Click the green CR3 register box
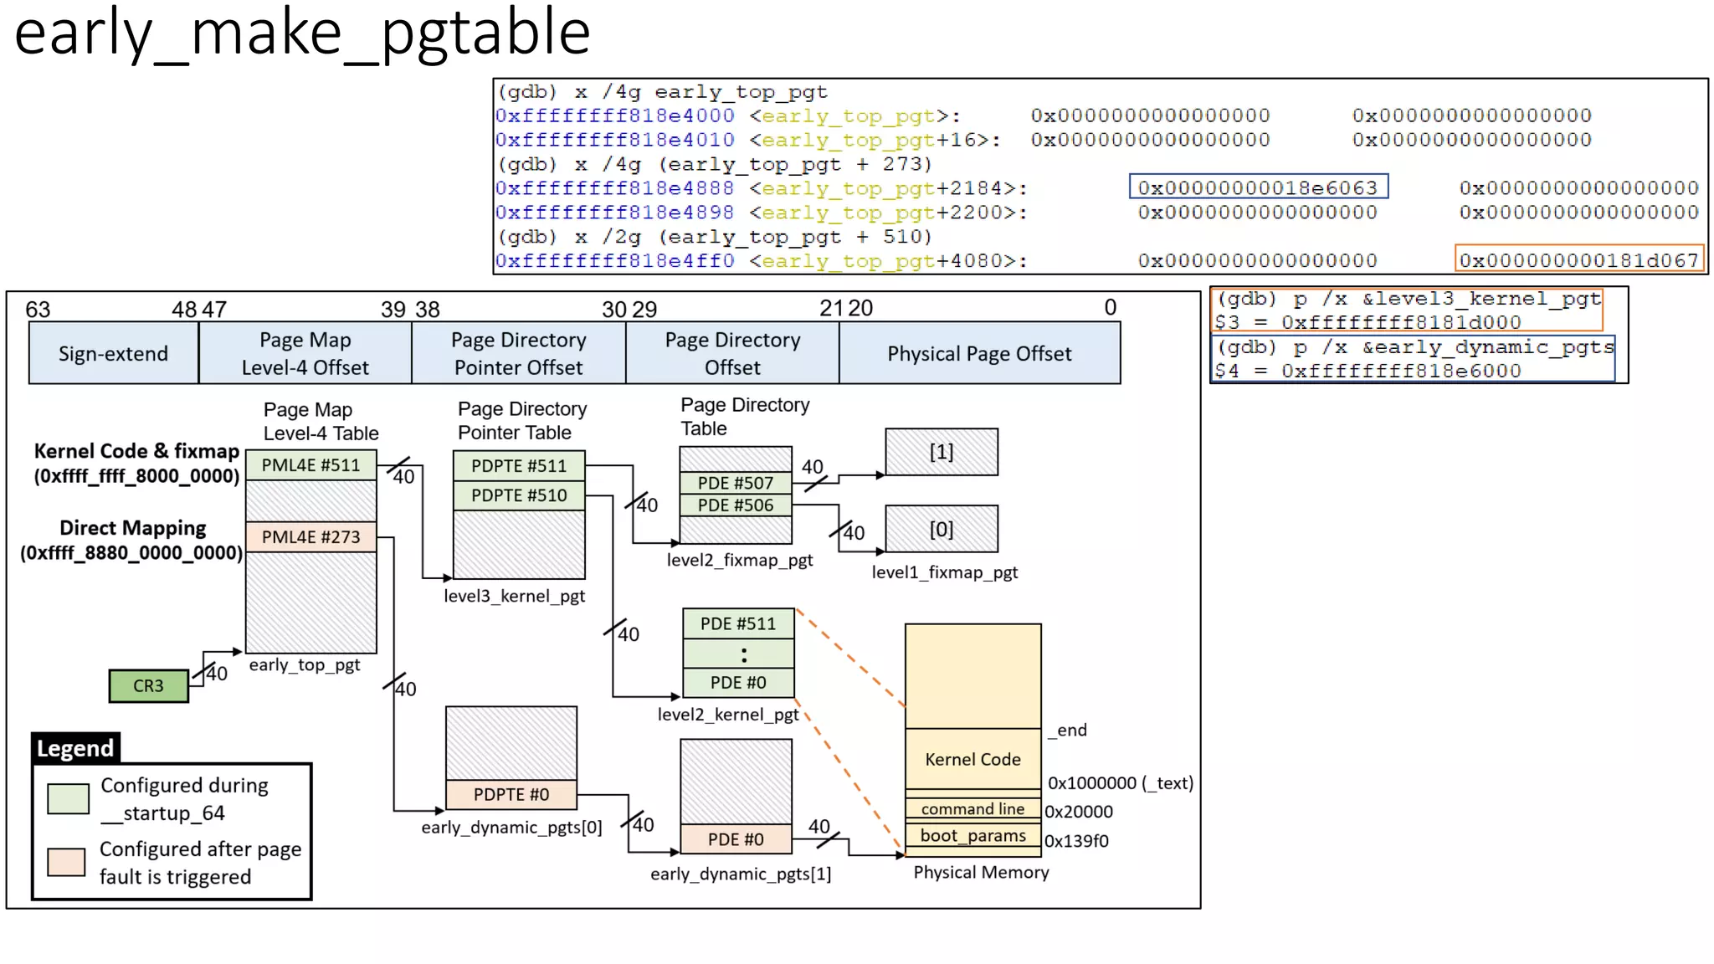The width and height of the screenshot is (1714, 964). pos(148,686)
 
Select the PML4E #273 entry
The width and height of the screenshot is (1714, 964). pos(310,537)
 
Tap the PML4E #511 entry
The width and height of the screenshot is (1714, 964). pos(310,465)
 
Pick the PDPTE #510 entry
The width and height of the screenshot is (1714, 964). pos(518,495)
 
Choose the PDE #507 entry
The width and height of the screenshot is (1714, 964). pos(735,483)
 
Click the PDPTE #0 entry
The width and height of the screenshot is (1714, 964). pos(511,794)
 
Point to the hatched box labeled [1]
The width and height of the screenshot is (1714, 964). pos(941,452)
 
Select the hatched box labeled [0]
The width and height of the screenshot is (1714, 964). pos(941,529)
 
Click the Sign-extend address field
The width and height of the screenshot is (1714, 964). pos(113,354)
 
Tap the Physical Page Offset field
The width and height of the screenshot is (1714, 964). pos(979,354)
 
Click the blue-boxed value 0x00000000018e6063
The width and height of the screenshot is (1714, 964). pos(1257,187)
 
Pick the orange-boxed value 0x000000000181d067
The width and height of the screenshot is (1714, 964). pos(1578,260)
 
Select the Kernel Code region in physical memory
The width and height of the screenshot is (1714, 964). pos(972,759)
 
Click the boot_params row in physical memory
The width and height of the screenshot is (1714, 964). pos(972,836)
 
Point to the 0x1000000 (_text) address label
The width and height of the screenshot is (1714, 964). pos(1120,783)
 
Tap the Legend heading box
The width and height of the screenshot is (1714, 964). pos(75,748)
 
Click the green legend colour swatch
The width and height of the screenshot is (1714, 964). pos(68,798)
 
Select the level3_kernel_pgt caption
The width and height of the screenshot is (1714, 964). pos(514,596)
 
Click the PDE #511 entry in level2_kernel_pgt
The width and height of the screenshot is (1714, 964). pos(737,623)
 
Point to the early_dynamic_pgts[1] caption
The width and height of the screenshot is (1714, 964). pos(740,874)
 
